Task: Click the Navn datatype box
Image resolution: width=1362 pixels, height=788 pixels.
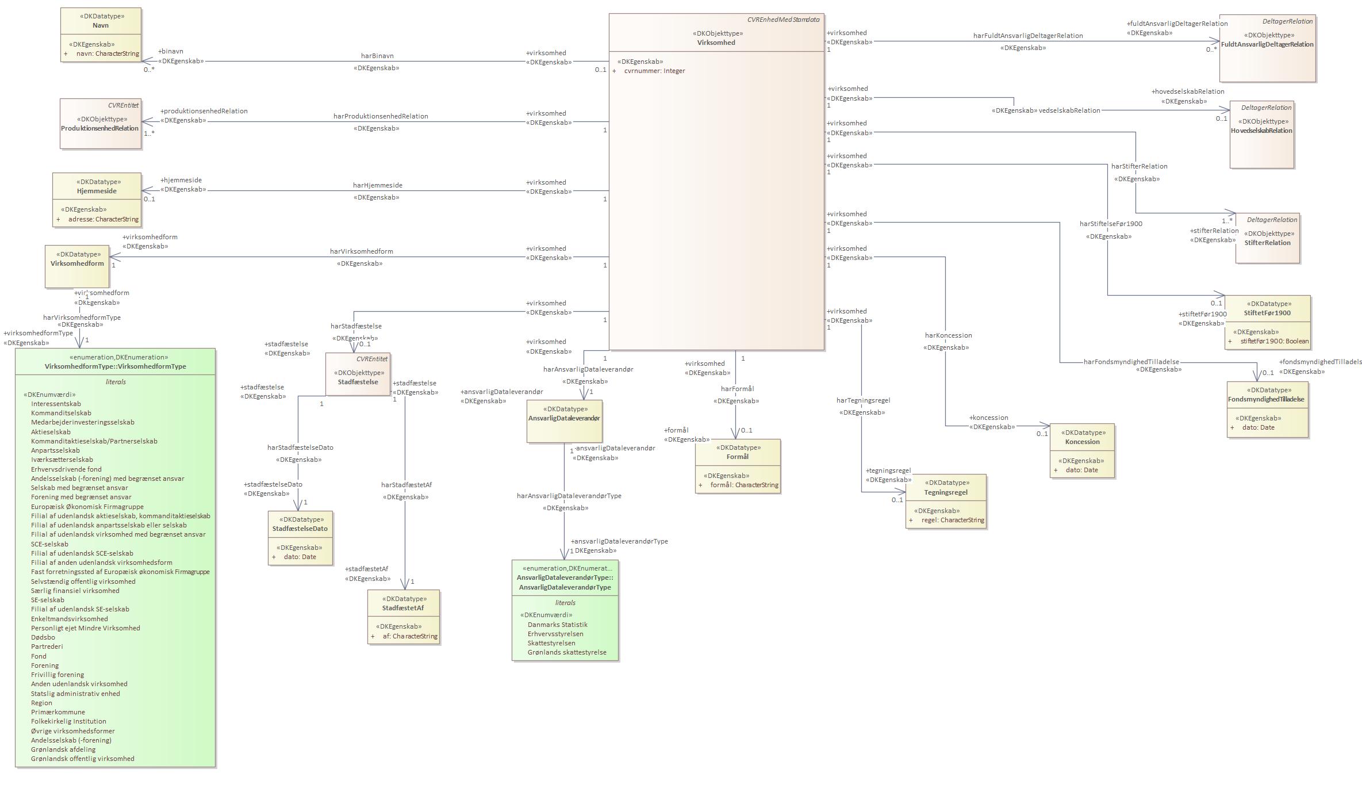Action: [x=101, y=35]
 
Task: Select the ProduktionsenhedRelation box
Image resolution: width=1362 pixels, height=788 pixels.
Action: [x=100, y=124]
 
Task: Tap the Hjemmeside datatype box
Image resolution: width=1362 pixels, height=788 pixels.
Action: [x=97, y=199]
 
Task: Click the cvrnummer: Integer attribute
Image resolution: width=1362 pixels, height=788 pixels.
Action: [x=654, y=71]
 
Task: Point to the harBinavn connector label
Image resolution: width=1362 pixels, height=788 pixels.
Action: [x=377, y=56]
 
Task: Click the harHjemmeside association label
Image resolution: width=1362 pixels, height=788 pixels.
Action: [x=377, y=185]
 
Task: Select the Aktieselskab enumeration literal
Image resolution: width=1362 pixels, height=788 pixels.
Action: [x=51, y=432]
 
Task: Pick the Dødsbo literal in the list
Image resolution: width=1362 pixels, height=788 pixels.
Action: [x=43, y=637]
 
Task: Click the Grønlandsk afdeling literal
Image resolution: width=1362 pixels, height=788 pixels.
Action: [x=63, y=749]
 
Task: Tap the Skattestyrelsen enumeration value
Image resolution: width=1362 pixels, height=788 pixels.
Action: [x=551, y=643]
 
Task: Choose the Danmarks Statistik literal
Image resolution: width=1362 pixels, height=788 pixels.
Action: [x=557, y=625]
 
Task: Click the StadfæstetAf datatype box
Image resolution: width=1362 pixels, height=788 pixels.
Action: [x=404, y=617]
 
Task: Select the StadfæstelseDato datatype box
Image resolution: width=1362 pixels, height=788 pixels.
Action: [x=300, y=538]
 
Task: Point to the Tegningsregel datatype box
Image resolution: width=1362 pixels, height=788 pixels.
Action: [x=946, y=500]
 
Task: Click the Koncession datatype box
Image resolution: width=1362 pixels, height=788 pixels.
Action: [x=1082, y=450]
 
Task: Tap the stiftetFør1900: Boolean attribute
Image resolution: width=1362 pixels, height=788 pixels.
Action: [x=1274, y=341]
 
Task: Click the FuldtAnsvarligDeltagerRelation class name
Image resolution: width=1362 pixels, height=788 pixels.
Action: [x=1267, y=44]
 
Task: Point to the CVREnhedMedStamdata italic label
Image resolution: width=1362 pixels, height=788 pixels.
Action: [x=783, y=20]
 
